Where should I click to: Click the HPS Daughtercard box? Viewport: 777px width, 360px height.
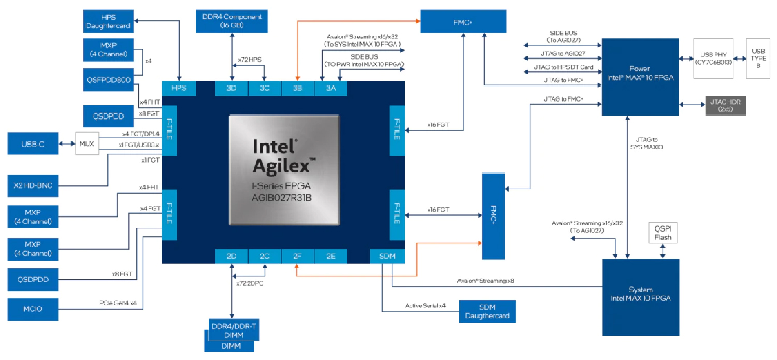(108, 21)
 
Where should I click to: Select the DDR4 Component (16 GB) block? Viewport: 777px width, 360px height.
(229, 21)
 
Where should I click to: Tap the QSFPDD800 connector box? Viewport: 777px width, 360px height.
(108, 79)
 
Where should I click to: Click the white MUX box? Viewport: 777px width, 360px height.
(87, 143)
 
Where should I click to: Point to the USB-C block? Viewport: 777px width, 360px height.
(33, 144)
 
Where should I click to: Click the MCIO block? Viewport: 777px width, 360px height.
(33, 309)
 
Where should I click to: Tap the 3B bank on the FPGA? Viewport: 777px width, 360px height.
(297, 88)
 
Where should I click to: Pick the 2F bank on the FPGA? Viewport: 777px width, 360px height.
(297, 256)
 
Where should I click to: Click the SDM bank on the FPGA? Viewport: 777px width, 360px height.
(387, 256)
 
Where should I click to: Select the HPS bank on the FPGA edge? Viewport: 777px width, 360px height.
(179, 88)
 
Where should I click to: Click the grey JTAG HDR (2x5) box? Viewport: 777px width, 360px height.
(725, 105)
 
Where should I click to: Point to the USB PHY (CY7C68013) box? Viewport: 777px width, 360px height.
(713, 59)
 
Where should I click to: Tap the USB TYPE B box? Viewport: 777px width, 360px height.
(757, 59)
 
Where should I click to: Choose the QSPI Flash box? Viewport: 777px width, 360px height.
(663, 234)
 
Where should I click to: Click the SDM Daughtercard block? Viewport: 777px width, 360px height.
(487, 311)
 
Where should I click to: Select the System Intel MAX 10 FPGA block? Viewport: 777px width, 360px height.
(641, 297)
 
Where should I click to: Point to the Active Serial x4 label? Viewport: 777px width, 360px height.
(425, 306)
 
